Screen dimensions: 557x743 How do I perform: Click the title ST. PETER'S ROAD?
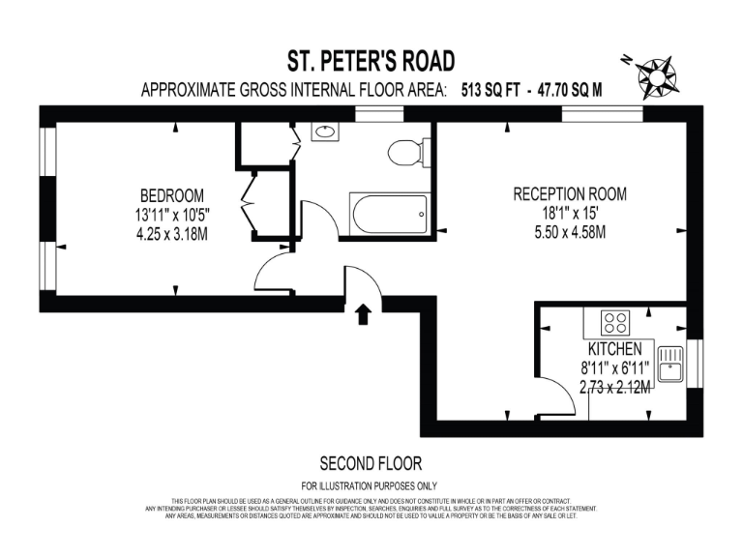tap(371, 62)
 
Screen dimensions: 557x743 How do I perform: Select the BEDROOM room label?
tap(170, 194)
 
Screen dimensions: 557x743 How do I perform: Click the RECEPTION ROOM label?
tap(569, 194)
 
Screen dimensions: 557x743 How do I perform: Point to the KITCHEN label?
tap(614, 348)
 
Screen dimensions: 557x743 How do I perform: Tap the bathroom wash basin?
tap(324, 132)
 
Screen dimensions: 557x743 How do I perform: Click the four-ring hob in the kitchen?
tap(614, 321)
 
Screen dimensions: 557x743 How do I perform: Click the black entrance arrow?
tap(364, 313)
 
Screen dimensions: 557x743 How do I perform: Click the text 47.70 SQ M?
tap(565, 91)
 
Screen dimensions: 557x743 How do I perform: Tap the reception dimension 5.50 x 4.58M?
tap(569, 232)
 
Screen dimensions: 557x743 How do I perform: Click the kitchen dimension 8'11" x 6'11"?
tap(614, 367)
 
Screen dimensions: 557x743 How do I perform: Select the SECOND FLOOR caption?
tap(371, 463)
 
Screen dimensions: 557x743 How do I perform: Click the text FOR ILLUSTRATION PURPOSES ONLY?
tap(371, 485)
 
